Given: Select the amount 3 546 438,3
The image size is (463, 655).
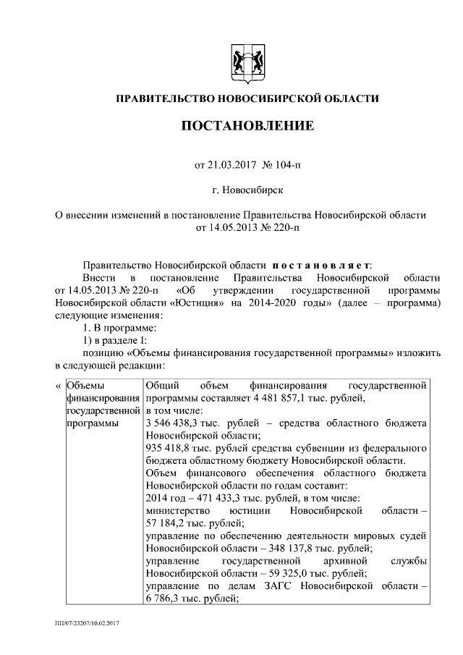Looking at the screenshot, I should (x=174, y=423).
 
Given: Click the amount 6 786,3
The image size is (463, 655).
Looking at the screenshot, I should (x=165, y=599).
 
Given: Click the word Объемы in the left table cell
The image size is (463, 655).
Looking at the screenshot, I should (x=85, y=385).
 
